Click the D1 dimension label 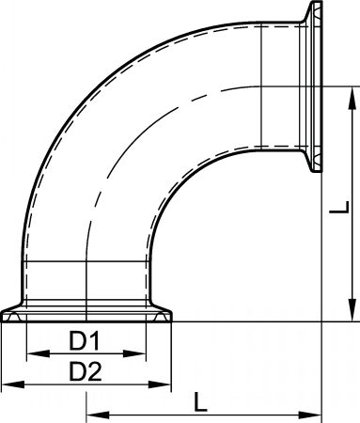(84, 341)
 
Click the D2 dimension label (86, 371)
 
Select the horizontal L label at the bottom (200, 401)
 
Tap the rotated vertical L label (339, 208)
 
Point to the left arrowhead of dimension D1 (39, 353)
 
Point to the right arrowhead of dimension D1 (134, 353)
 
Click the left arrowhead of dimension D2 (13, 384)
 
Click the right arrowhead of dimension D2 (160, 384)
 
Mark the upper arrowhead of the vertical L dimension (352, 99)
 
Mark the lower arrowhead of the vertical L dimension (352, 310)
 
